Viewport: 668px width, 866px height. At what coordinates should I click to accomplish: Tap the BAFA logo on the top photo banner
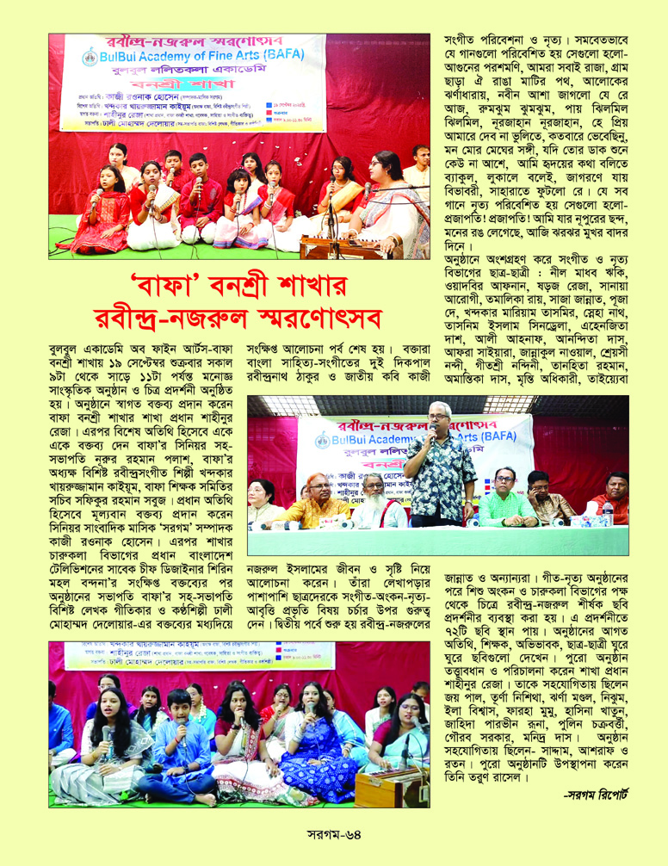coord(88,60)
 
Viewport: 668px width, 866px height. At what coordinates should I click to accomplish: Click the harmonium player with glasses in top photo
coord(380,203)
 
